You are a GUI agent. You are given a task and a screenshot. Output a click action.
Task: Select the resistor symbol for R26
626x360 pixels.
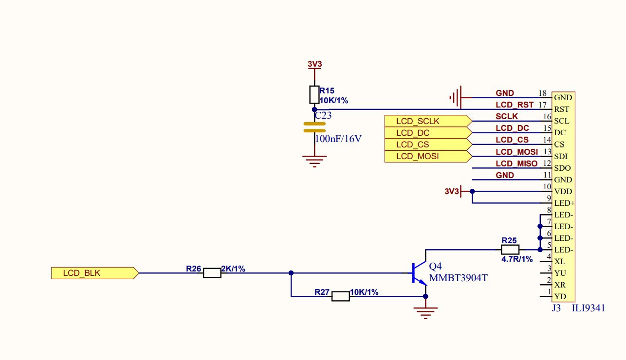tap(212, 273)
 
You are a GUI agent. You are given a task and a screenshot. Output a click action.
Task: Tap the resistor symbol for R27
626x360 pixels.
tap(340, 296)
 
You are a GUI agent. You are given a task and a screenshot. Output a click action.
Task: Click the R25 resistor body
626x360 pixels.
tap(510, 250)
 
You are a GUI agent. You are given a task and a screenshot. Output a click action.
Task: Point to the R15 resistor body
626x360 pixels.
tap(314, 94)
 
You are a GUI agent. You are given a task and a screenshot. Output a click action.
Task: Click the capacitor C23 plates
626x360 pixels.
tap(314, 127)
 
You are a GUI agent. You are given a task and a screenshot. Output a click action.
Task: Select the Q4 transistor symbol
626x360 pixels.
tap(418, 273)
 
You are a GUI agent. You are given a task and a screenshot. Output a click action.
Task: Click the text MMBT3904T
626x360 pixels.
tap(458, 279)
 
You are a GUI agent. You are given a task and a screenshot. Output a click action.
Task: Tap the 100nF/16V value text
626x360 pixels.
tap(338, 139)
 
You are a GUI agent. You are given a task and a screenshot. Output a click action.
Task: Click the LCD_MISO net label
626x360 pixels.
tap(516, 164)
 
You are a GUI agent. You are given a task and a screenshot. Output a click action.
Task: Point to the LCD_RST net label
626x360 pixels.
tap(515, 105)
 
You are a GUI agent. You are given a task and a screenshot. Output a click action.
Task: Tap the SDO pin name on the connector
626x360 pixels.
tap(562, 168)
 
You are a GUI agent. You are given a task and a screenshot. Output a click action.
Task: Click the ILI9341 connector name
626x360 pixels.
tap(588, 308)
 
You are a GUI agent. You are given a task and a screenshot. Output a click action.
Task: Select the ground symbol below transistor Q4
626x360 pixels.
tap(426, 311)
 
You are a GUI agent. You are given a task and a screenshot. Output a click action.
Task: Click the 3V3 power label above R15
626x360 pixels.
tap(314, 64)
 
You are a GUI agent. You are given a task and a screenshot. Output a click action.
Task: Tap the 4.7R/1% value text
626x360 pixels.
tap(517, 259)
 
